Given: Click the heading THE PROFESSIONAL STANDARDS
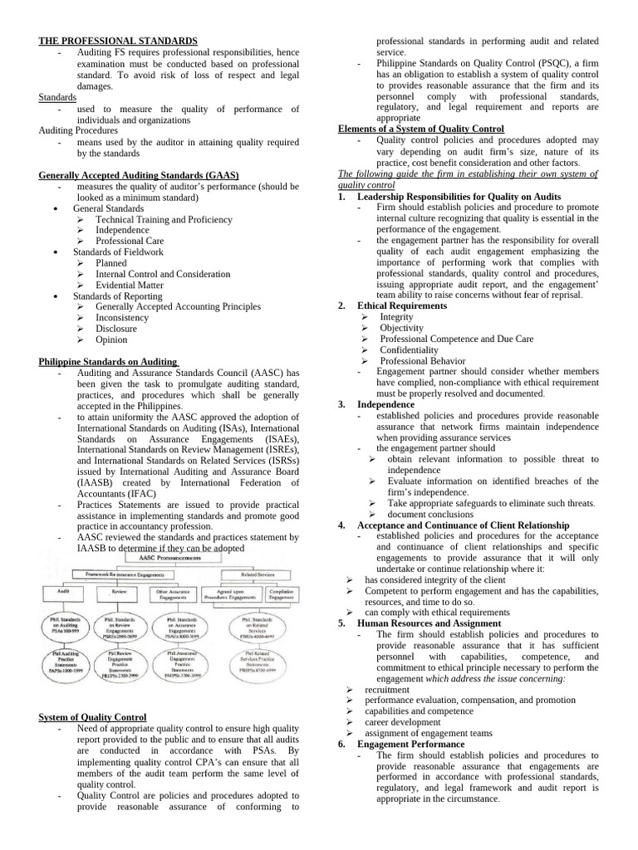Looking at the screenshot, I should click(x=118, y=41).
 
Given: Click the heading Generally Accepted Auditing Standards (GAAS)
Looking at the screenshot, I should click(x=139, y=175).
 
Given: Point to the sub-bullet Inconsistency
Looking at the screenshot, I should click(x=122, y=317).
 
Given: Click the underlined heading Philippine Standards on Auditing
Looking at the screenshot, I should click(x=109, y=361).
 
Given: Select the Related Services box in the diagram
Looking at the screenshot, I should click(x=259, y=574).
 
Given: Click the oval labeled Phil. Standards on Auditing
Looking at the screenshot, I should click(x=64, y=628).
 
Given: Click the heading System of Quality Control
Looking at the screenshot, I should click(x=93, y=717).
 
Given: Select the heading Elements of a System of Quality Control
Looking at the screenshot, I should click(x=420, y=129).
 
